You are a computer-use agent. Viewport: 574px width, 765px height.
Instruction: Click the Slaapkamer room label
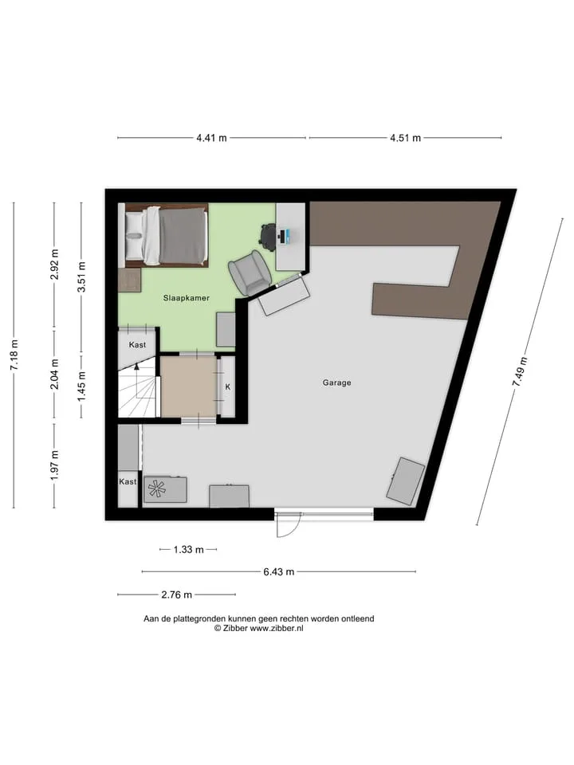186,297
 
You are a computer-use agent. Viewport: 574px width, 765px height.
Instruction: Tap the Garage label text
336,382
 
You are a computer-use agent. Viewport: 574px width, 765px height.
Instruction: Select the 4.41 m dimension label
211,138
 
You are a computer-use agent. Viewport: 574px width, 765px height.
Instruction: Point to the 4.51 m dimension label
405,138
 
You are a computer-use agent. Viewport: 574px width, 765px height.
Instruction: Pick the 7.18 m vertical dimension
14,355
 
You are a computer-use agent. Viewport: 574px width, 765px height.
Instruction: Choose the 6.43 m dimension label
279,572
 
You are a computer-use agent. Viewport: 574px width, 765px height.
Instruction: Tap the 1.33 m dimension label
188,549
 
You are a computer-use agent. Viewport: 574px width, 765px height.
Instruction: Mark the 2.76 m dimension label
177,594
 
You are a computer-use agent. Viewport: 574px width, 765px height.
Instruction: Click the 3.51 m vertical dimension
81,277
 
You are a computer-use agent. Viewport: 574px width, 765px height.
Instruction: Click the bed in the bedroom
167,236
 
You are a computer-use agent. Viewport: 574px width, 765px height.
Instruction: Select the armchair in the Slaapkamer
250,273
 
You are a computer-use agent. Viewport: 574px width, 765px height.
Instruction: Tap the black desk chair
269,236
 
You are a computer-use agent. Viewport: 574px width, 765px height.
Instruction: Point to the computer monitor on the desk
285,236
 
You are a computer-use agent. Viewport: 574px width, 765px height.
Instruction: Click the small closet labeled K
227,386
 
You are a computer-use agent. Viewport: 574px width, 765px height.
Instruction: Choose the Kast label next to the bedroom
137,344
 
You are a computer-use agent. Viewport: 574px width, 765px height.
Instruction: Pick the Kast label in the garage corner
128,481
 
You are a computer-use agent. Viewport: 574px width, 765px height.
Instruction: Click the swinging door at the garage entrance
287,524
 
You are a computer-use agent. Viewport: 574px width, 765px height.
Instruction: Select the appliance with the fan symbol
166,489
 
